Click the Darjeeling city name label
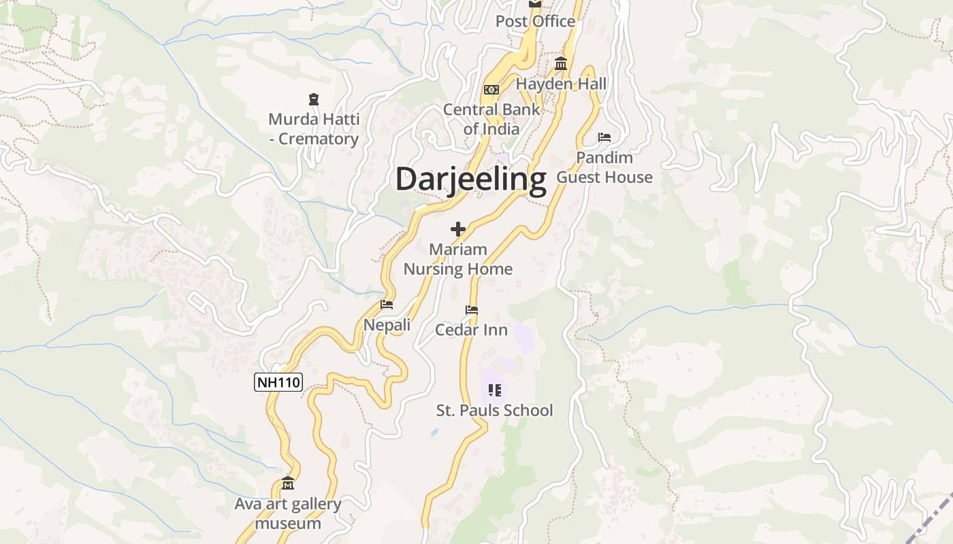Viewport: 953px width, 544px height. pyautogui.click(x=470, y=180)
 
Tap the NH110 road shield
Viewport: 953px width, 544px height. pyautogui.click(x=278, y=382)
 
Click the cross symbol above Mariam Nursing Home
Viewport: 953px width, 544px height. pyautogui.click(x=458, y=229)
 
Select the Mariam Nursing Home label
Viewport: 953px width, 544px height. pyautogui.click(x=458, y=259)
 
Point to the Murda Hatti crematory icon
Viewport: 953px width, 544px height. pyautogui.click(x=314, y=100)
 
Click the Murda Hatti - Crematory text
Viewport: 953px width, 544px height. pyautogui.click(x=314, y=129)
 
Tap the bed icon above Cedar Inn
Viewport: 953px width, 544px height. pyautogui.click(x=471, y=310)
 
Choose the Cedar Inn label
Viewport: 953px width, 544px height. pyautogui.click(x=471, y=330)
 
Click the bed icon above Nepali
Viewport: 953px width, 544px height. pyautogui.click(x=387, y=305)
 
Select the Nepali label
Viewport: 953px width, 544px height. pyautogui.click(x=387, y=325)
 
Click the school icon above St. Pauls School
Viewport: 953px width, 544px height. pyautogui.click(x=495, y=390)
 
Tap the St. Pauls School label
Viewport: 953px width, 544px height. pyautogui.click(x=495, y=411)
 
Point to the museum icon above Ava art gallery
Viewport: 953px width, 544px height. pyautogui.click(x=288, y=483)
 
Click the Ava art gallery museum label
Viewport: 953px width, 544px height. pyautogui.click(x=288, y=513)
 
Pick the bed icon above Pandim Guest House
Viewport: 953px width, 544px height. pyautogui.click(x=604, y=137)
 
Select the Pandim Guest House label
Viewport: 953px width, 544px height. pyautogui.click(x=604, y=167)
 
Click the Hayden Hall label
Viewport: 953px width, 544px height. pyautogui.click(x=562, y=84)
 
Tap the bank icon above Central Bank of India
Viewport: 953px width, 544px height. pyautogui.click(x=491, y=90)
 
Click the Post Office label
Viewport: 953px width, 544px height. pyautogui.click(x=536, y=22)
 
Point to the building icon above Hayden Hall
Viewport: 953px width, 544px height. pyautogui.click(x=561, y=65)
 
